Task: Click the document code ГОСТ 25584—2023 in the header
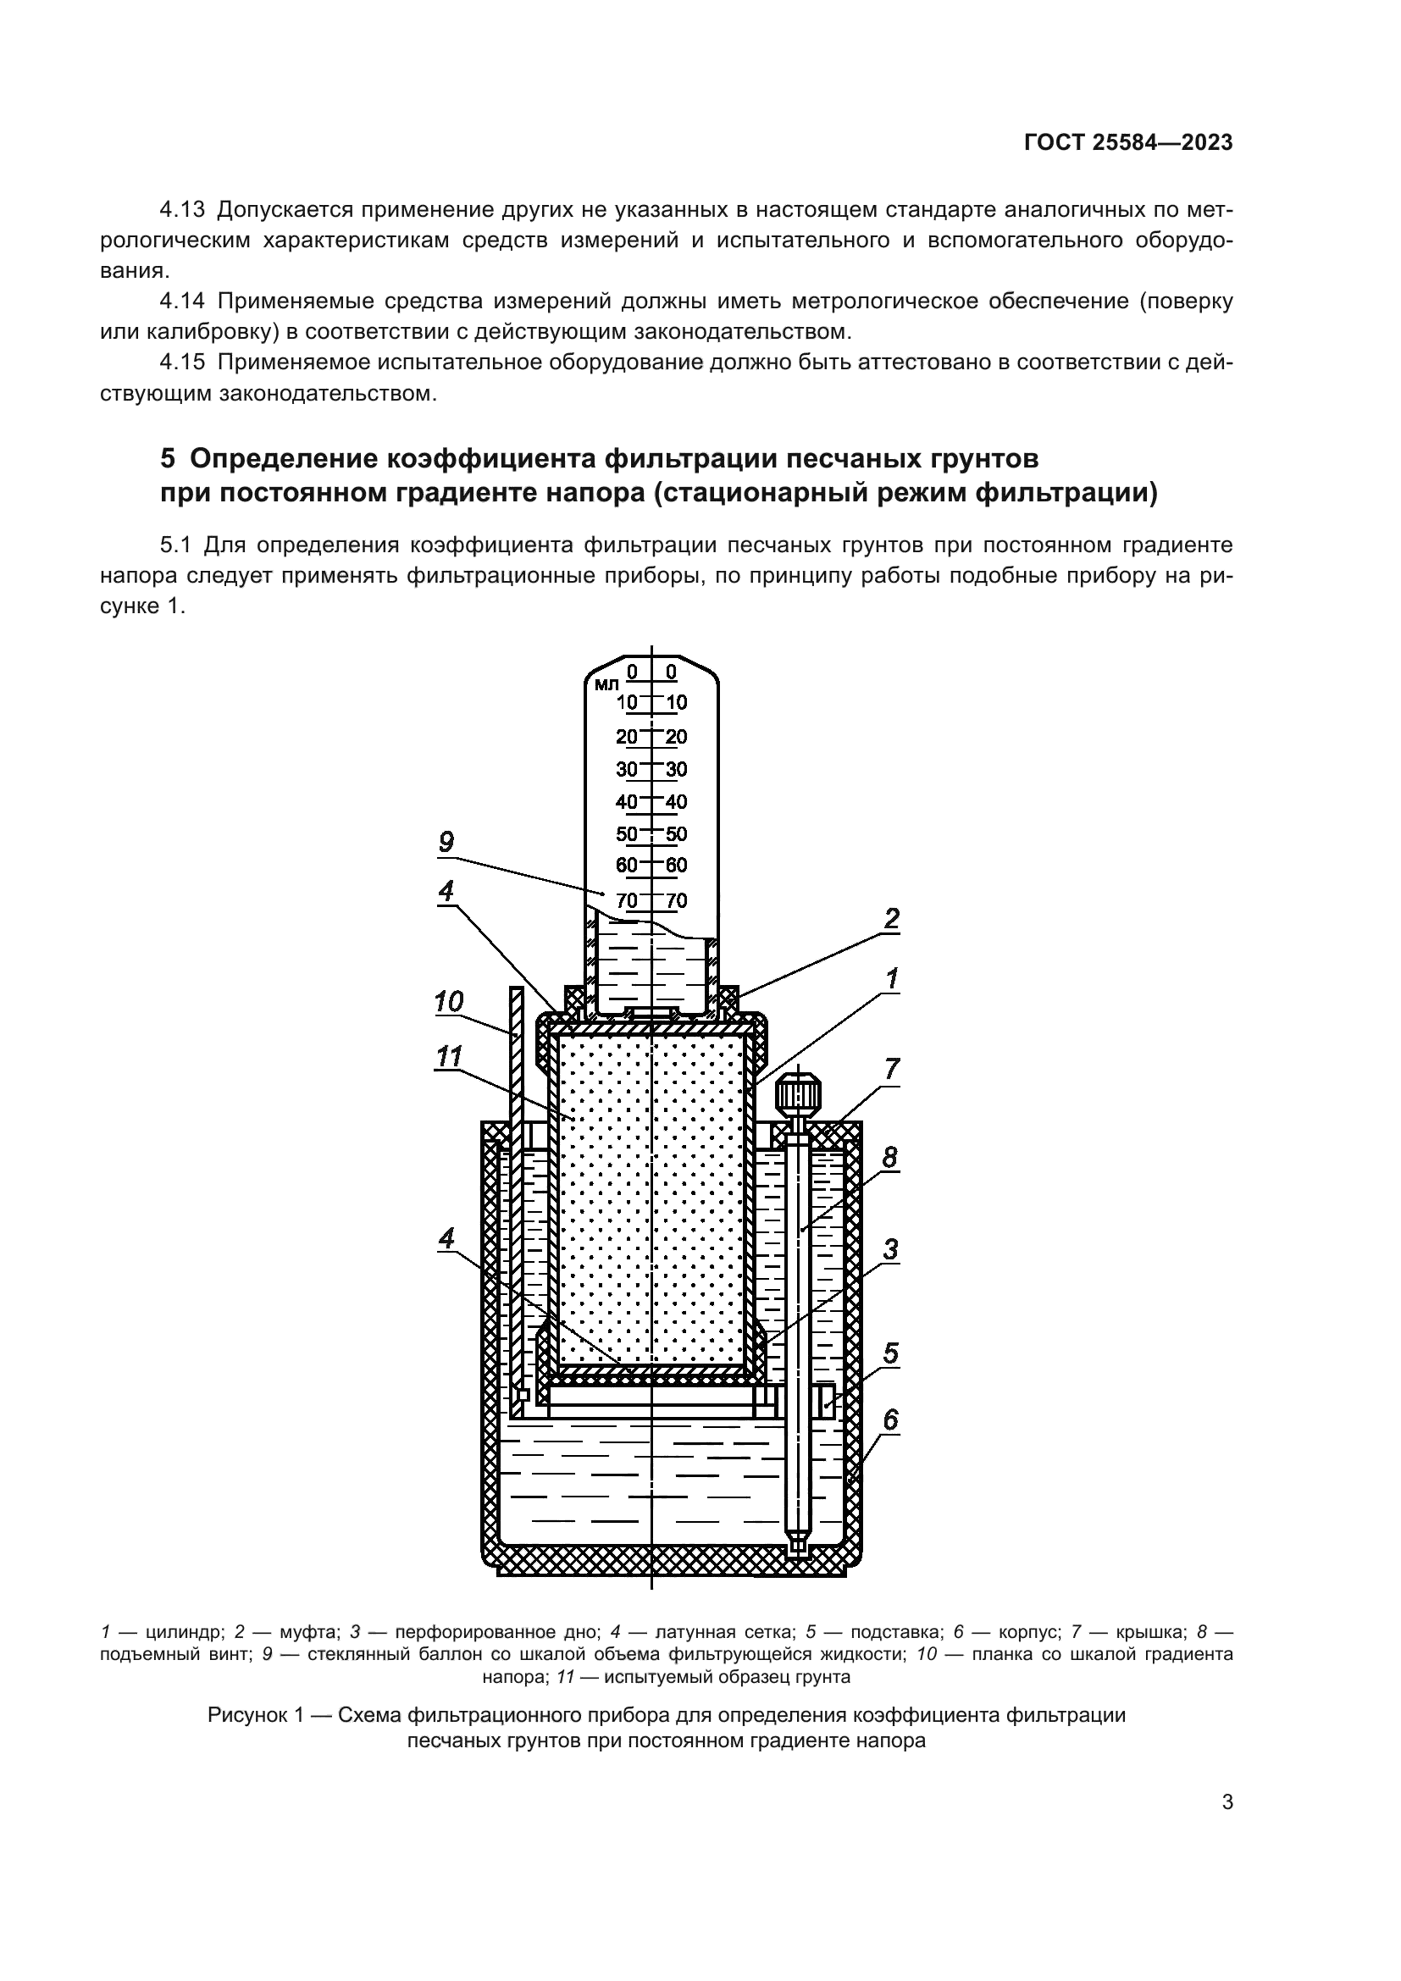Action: tap(1128, 143)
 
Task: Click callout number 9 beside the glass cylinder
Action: tap(446, 842)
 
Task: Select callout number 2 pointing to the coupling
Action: tap(891, 919)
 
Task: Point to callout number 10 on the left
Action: tap(449, 1002)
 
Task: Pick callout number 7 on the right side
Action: tap(891, 1070)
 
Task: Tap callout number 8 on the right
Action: tap(890, 1158)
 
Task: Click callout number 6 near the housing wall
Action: tap(890, 1419)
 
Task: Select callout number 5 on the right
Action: tap(891, 1353)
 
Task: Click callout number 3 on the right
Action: tap(890, 1249)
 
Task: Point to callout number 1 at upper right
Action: tap(892, 978)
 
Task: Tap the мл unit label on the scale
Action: tap(606, 685)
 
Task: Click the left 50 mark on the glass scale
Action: tap(626, 834)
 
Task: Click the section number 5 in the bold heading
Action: tap(168, 459)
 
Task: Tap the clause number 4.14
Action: tap(182, 302)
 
